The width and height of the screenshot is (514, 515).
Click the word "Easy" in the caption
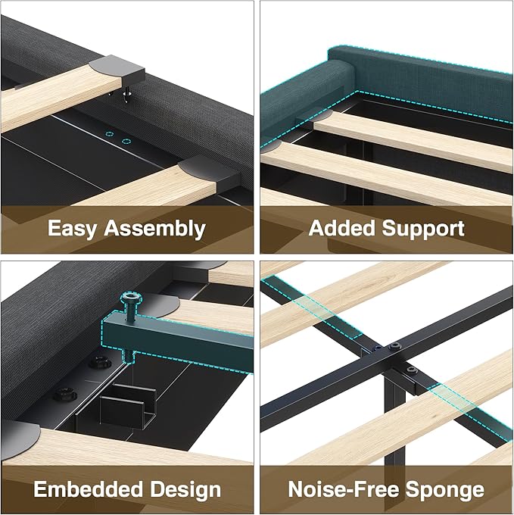72,229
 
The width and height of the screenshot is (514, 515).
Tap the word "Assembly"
154,229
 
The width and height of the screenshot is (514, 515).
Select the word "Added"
341,228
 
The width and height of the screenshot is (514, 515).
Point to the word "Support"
423,229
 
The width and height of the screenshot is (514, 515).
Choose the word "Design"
185,490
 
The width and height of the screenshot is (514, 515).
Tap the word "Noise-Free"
344,489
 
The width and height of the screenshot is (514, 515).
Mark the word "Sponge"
444,490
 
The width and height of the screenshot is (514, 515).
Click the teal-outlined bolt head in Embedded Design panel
131,299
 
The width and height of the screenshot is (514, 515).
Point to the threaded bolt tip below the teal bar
129,356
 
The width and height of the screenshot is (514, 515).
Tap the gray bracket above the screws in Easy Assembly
117,68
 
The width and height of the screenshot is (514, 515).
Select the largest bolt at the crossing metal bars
394,346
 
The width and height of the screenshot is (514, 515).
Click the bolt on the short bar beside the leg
412,371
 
